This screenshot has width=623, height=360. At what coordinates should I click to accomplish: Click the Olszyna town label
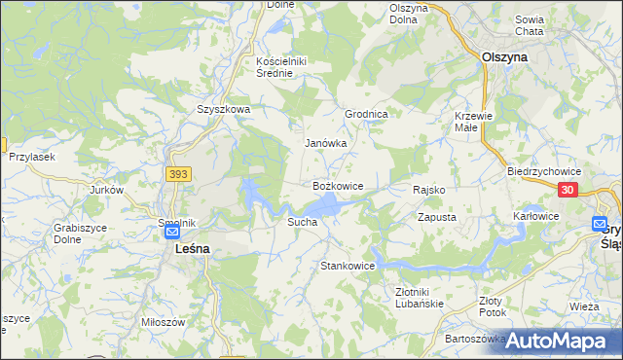[x=504, y=56]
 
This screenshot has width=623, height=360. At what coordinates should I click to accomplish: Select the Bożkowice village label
[x=338, y=185]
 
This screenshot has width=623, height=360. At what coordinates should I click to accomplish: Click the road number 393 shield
[x=178, y=173]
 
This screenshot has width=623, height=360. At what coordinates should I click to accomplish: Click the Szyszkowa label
[x=223, y=110]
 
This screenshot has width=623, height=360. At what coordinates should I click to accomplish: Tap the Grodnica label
[x=367, y=114]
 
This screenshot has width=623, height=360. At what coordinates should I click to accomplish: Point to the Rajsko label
[x=429, y=190]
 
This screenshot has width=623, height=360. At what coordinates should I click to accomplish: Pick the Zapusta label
[x=437, y=217]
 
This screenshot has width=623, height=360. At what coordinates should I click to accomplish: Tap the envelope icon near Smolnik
[x=172, y=234]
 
